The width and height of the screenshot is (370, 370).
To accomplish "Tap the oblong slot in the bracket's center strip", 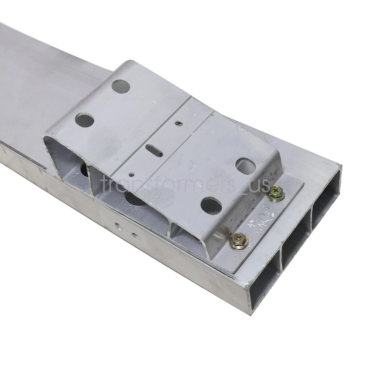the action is coord(154,151).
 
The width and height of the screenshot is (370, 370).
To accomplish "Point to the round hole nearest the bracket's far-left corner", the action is coord(84,120).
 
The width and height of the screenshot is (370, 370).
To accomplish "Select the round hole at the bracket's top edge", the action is coord(121,86).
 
